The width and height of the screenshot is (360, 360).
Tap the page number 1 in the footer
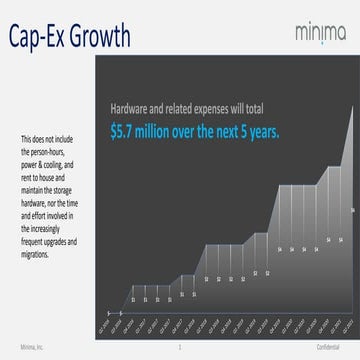(x=178, y=346)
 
